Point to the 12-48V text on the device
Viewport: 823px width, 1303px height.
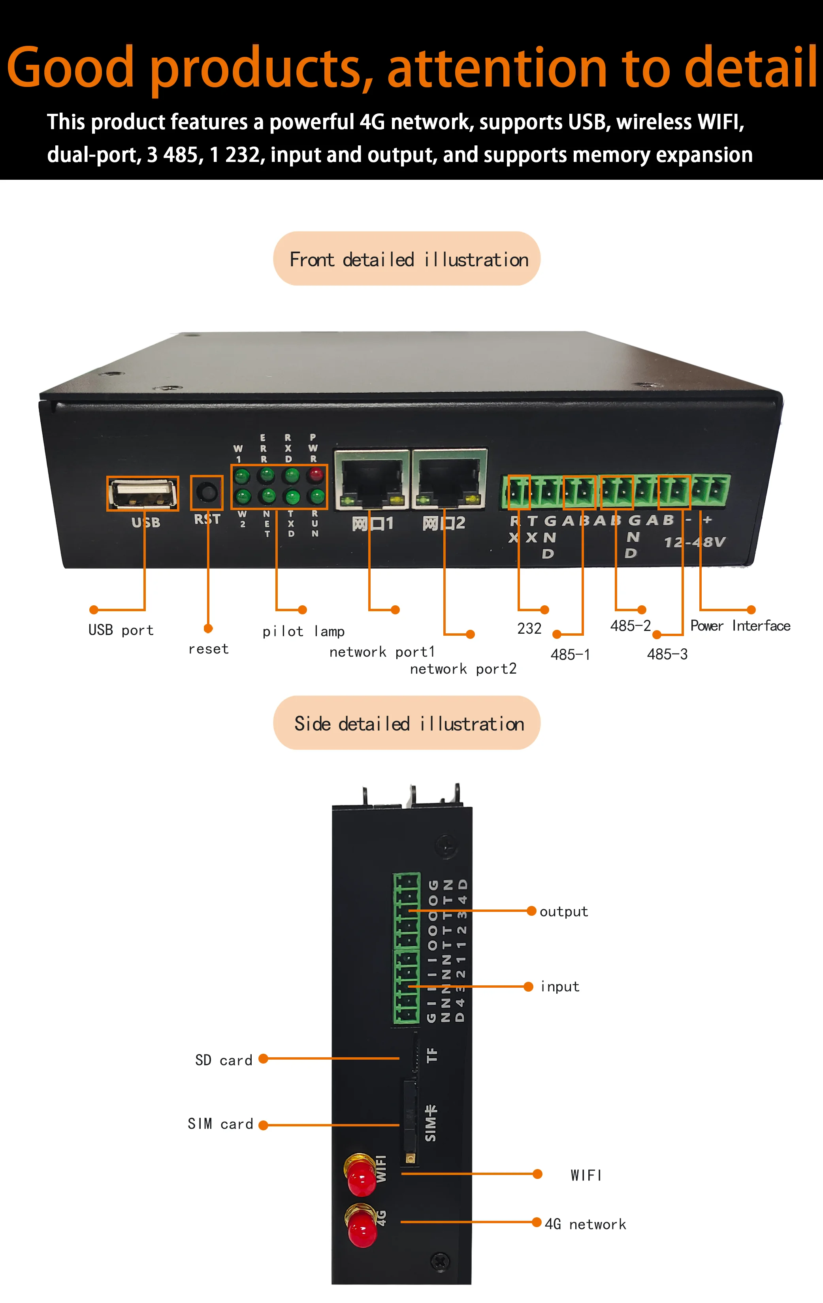click(x=694, y=542)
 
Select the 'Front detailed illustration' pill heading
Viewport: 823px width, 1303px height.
click(x=407, y=259)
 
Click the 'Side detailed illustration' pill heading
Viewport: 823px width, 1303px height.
click(x=407, y=723)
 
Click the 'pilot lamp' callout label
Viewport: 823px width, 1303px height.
click(x=303, y=631)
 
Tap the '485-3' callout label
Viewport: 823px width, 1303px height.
click(x=667, y=655)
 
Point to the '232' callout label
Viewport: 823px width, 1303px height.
click(x=529, y=629)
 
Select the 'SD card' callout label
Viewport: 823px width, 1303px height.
click(x=224, y=1060)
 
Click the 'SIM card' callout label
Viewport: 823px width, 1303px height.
click(x=220, y=1124)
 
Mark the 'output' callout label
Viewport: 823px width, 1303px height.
click(x=563, y=912)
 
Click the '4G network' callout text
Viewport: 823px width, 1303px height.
click(x=585, y=1224)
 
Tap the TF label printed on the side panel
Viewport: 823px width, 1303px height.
click(x=432, y=1054)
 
